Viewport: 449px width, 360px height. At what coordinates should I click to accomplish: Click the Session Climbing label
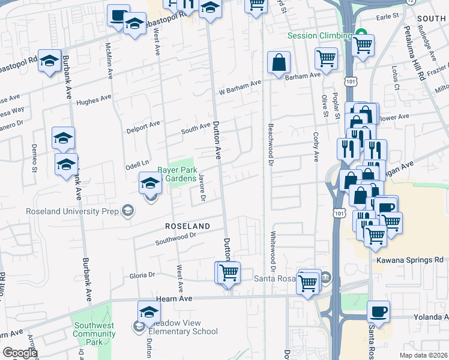pos(319,35)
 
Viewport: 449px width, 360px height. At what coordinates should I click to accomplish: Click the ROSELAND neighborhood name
pos(187,226)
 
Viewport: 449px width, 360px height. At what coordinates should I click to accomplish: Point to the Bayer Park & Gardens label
pos(176,174)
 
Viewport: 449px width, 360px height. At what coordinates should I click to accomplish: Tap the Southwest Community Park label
pos(90,334)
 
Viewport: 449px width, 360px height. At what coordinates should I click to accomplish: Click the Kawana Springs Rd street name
pos(410,260)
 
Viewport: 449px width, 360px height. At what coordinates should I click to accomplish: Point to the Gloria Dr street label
pos(142,275)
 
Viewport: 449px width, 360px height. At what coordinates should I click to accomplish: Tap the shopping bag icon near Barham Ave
pos(279,62)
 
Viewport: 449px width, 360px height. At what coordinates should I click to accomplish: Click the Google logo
pos(20,353)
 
